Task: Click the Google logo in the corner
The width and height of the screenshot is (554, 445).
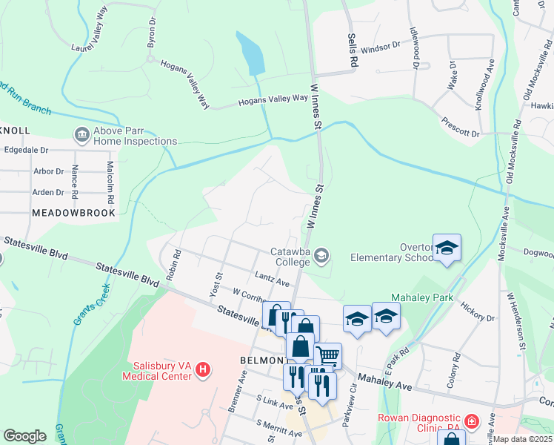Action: point(24,436)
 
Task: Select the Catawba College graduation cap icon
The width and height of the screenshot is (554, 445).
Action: point(321,256)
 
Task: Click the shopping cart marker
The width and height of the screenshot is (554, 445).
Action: point(327,356)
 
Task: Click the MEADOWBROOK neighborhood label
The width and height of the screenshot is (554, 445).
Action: point(74,212)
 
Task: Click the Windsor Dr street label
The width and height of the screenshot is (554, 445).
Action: point(380,45)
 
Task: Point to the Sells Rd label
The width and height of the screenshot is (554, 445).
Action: point(353,47)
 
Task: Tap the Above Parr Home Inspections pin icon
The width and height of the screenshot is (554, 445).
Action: point(81,135)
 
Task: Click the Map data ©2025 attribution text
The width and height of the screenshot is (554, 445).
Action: point(521,439)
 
